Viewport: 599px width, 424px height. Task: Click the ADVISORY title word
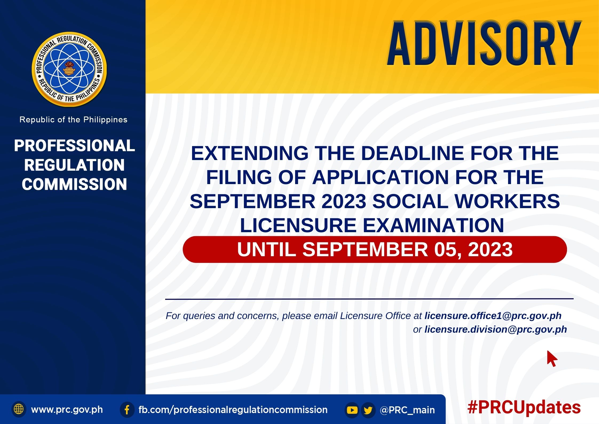click(x=484, y=44)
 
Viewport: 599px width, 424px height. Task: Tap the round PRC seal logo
click(x=69, y=69)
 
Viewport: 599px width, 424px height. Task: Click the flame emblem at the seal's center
click(x=69, y=69)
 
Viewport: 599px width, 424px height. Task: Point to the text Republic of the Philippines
click(x=73, y=120)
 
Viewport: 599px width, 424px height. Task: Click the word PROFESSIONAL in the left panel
click(x=74, y=146)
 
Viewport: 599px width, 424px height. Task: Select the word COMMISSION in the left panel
click(x=74, y=184)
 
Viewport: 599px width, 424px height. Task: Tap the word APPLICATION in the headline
click(x=381, y=177)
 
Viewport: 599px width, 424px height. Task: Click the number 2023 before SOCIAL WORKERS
click(x=344, y=201)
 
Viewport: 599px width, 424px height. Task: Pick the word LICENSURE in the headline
click(x=298, y=225)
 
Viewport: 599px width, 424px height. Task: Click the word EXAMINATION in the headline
click(x=433, y=225)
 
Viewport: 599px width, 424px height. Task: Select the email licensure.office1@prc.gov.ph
click(x=493, y=316)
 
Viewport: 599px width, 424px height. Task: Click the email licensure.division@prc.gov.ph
click(x=496, y=329)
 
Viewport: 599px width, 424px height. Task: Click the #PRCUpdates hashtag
click(x=524, y=407)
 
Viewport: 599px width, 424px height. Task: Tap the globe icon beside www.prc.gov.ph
click(x=19, y=409)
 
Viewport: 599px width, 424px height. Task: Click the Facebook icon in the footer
click(x=127, y=410)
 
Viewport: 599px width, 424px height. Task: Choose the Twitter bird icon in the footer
click(x=368, y=410)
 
